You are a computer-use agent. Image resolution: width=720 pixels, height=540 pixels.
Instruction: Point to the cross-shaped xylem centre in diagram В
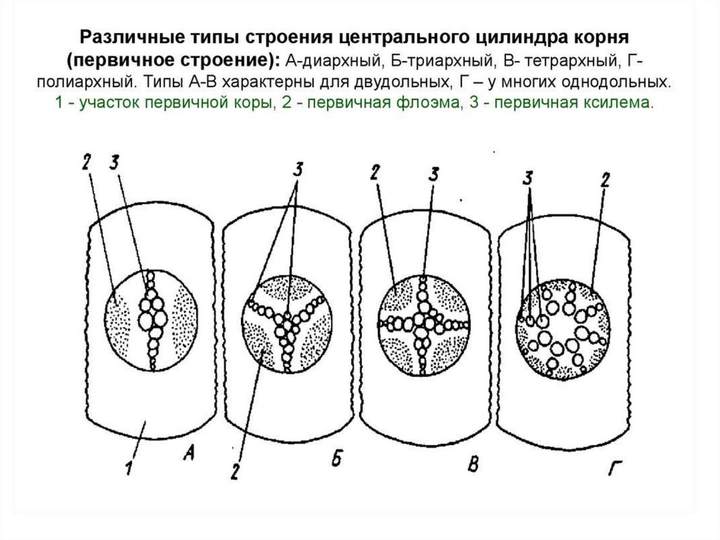[x=424, y=322]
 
